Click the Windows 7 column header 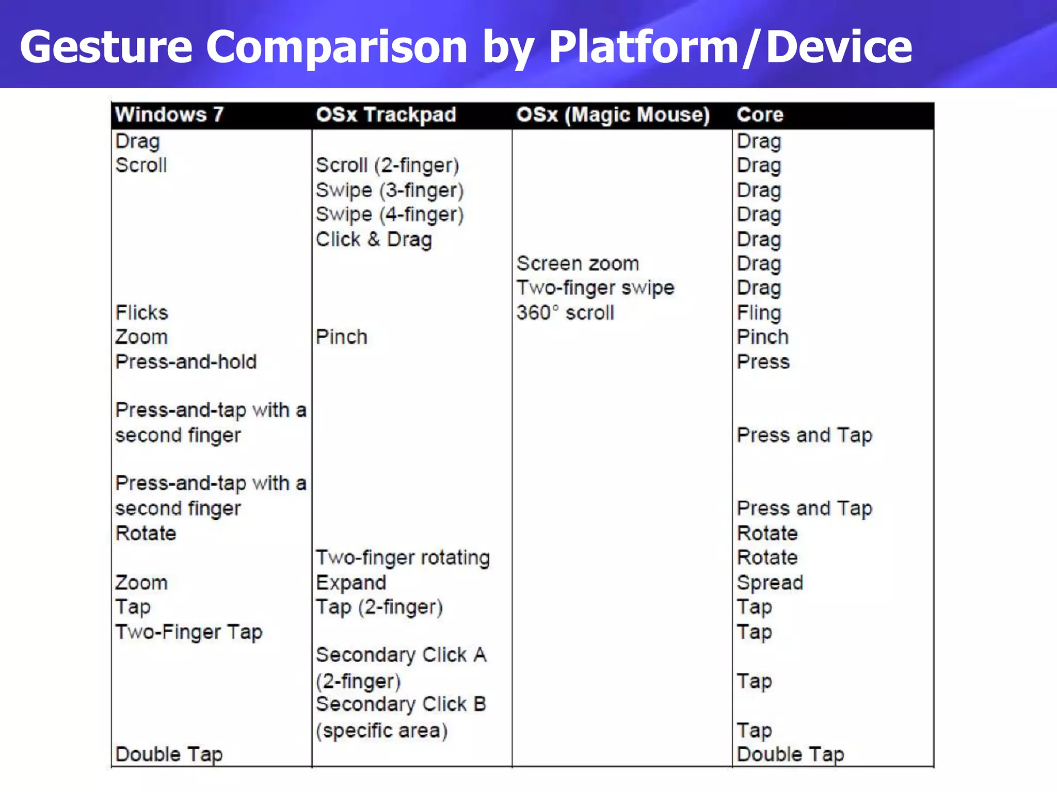(169, 114)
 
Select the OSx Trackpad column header (386, 114)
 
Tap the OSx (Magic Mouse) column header (613, 114)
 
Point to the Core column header (760, 114)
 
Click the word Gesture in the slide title (106, 47)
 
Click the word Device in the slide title (839, 47)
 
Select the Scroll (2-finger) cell (388, 166)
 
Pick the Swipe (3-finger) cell (390, 190)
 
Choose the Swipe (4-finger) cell (390, 214)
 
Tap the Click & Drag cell (374, 239)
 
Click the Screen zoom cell (578, 263)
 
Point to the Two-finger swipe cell (595, 288)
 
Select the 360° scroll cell (565, 312)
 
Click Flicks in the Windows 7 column (142, 312)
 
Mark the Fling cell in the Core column (759, 312)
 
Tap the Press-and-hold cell (186, 361)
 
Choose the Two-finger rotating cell (403, 557)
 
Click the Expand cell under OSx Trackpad (351, 582)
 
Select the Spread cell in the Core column (770, 582)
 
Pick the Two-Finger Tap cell (189, 632)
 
